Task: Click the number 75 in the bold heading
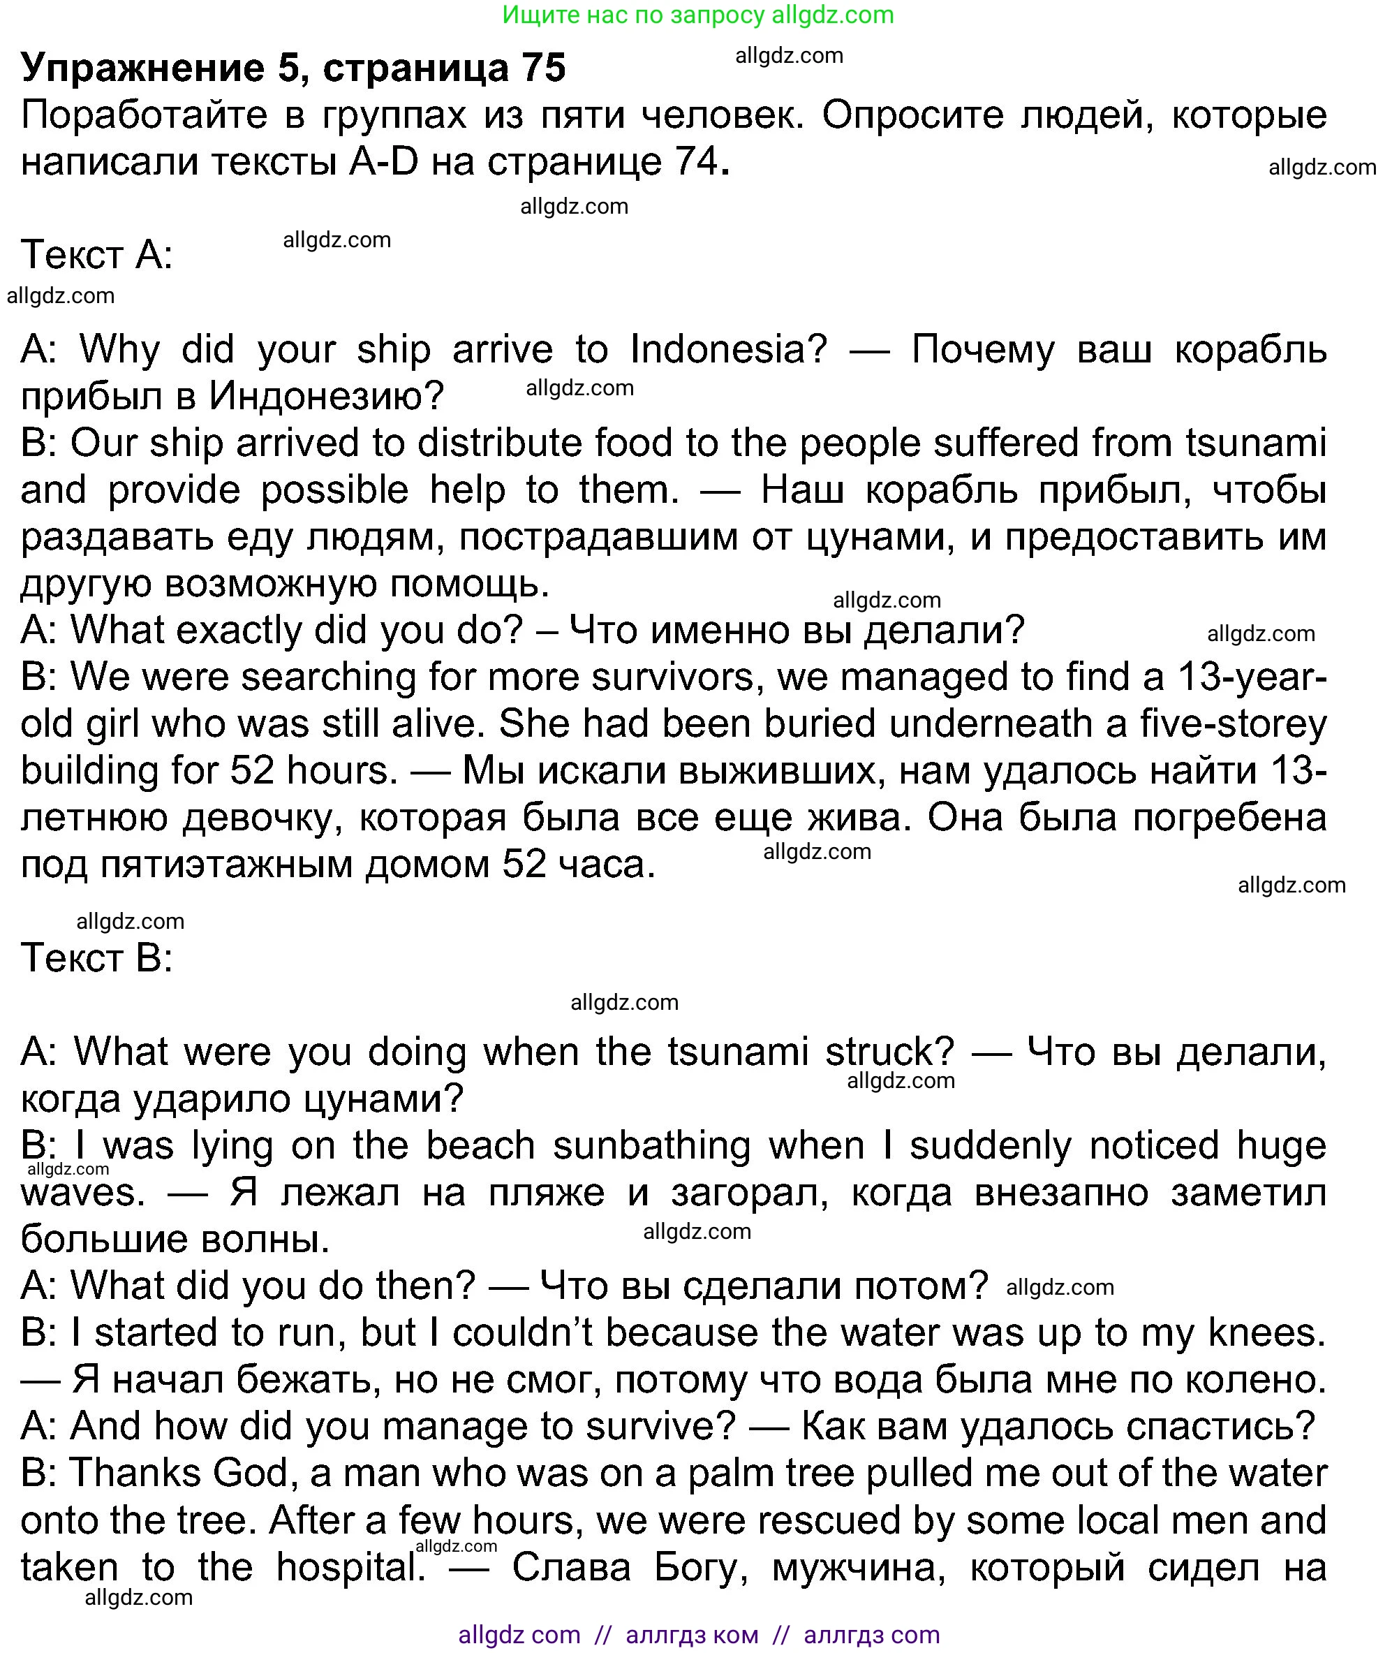[543, 68]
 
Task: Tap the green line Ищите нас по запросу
[698, 14]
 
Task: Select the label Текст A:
[97, 255]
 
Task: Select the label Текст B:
[97, 957]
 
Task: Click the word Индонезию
[326, 396]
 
